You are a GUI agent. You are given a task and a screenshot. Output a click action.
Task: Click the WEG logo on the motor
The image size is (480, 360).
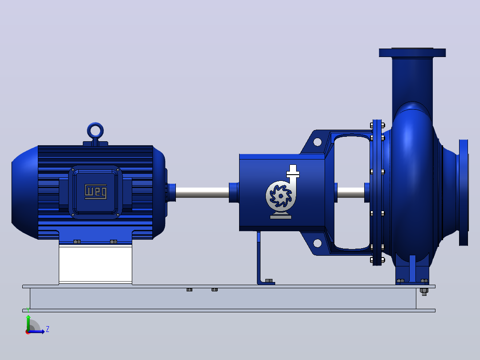[x=95, y=192]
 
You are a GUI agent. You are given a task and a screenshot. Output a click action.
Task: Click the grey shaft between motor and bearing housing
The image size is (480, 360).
[x=202, y=192]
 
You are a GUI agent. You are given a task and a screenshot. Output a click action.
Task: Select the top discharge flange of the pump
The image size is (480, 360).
[x=412, y=53]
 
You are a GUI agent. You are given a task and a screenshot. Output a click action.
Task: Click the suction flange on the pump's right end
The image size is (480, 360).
[x=464, y=192]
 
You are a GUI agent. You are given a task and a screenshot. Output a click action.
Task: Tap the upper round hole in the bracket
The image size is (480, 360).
[x=317, y=142]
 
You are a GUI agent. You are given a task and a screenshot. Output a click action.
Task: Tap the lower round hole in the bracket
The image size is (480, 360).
[x=317, y=243]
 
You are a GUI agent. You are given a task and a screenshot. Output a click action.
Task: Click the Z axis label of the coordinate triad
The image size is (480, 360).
[x=48, y=329]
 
